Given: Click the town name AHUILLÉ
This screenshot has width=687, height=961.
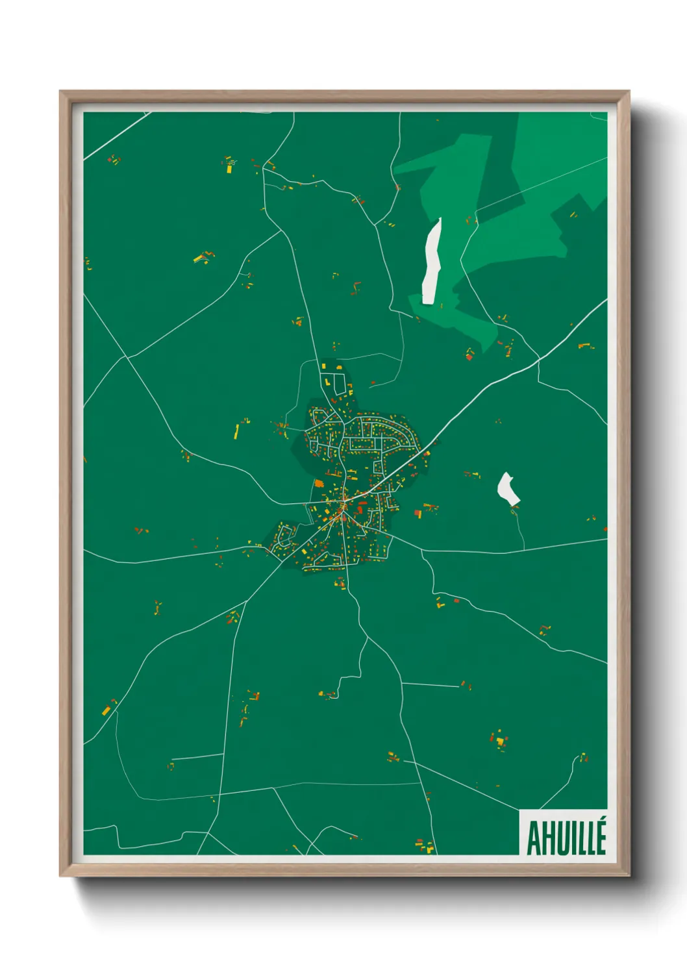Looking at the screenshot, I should (x=566, y=838).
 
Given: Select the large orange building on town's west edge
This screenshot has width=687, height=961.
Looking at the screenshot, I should (x=319, y=483).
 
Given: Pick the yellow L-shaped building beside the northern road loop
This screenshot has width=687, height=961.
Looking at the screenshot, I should (x=323, y=368).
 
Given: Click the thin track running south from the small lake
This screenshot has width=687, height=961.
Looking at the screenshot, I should (x=521, y=529).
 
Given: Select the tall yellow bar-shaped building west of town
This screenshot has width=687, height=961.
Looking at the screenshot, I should (x=236, y=432).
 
